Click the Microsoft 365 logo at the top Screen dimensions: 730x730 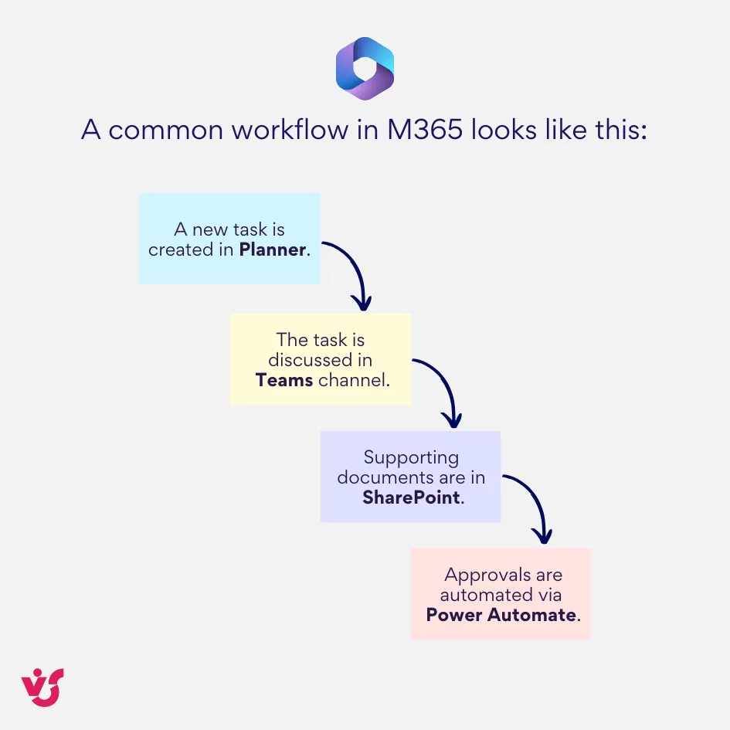[365, 69]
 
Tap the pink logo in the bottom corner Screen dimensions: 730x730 [42, 687]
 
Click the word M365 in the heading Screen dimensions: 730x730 [426, 129]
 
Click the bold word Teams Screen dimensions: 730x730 [284, 379]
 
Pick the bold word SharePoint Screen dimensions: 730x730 [412, 497]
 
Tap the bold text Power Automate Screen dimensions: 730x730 [501, 615]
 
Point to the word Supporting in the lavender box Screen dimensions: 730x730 [411, 457]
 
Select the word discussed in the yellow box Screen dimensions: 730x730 [320, 359]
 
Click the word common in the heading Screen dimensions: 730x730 [156, 129]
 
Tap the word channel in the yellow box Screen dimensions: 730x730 [351, 379]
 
